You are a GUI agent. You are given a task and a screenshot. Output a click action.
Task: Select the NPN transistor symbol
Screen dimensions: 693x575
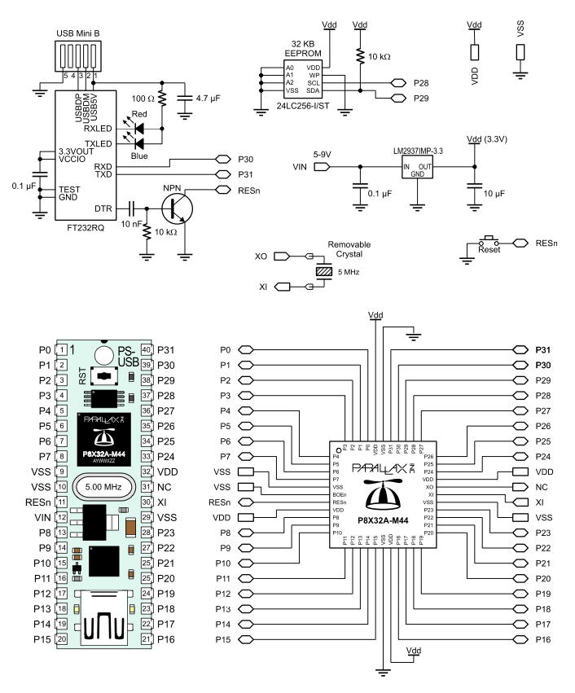coord(178,208)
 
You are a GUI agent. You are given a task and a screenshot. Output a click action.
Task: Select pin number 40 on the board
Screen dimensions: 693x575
coord(147,350)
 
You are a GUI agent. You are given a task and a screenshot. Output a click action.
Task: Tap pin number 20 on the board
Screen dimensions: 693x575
coord(61,639)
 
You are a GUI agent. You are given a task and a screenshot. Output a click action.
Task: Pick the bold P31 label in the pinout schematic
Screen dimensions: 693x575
coord(543,349)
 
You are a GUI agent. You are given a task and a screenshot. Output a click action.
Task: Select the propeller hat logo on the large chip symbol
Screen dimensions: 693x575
coord(380,491)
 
